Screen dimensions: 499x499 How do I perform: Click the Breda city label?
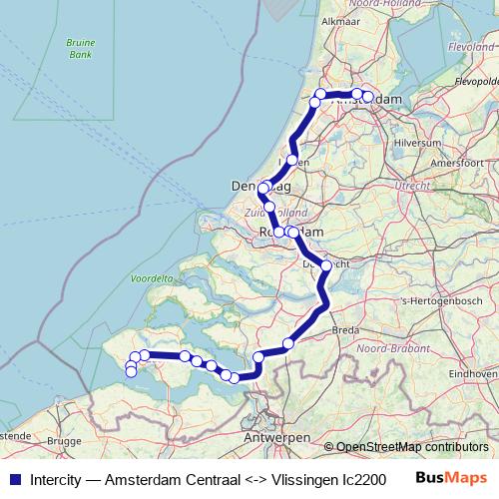tap(344, 329)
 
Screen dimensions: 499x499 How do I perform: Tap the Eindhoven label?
tap(471, 372)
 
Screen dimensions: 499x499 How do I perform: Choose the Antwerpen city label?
tap(271, 438)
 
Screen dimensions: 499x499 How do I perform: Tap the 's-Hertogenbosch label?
tap(431, 299)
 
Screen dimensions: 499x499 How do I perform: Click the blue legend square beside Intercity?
tap(14, 478)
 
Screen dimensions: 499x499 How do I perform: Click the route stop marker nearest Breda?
tap(288, 344)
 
